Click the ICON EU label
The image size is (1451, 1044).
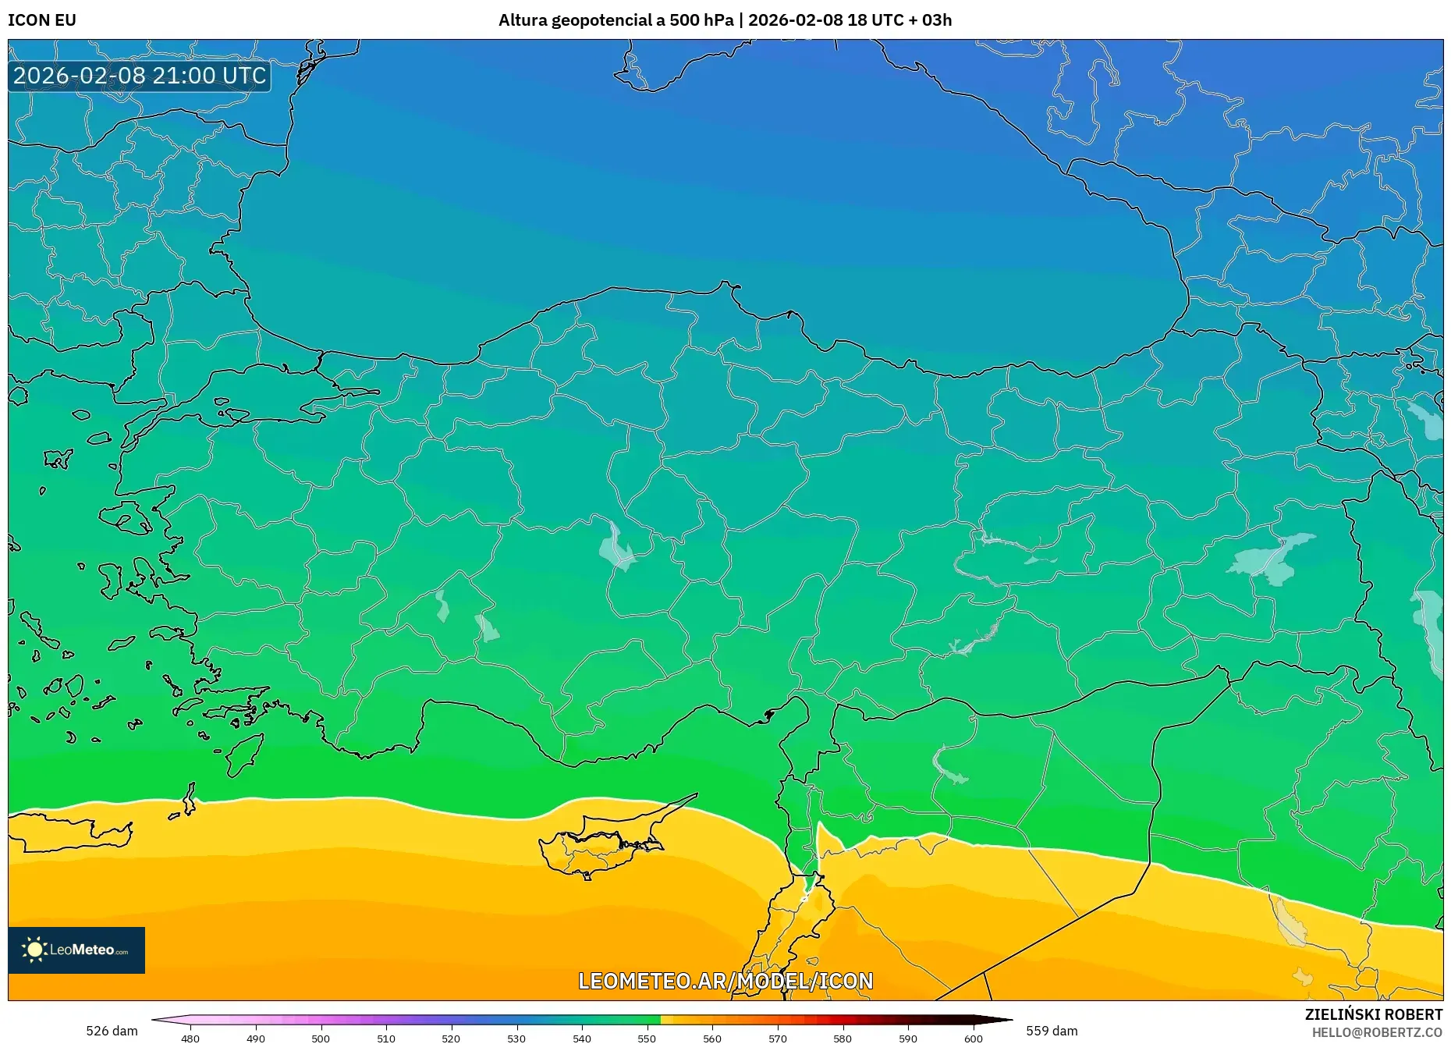point(42,20)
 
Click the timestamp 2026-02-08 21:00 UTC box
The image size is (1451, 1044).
point(140,76)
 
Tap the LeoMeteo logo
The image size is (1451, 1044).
point(76,950)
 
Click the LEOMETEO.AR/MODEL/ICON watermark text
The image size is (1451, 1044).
point(725,981)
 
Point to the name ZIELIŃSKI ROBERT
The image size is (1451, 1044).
point(1373,1014)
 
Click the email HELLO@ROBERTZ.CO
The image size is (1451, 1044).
point(1377,1032)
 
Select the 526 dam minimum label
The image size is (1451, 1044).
point(112,1031)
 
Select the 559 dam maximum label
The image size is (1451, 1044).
point(1052,1031)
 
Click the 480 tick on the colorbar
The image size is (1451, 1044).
point(190,1039)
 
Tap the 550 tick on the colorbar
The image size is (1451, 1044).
point(647,1039)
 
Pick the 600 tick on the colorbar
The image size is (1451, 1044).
point(973,1039)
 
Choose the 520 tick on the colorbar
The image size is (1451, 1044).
point(451,1039)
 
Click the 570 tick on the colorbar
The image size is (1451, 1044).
point(777,1039)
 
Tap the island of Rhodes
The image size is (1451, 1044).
point(243,753)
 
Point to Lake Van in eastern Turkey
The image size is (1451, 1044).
point(1272,557)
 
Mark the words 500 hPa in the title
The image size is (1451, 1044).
point(701,20)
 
